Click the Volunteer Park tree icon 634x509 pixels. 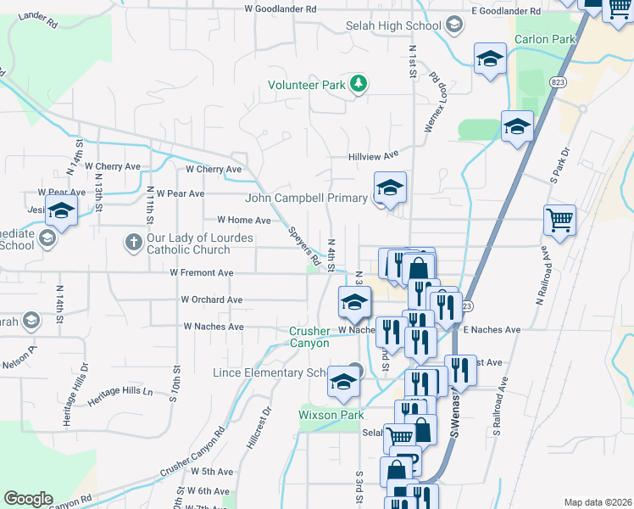coord(359,83)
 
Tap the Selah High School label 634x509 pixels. coord(393,26)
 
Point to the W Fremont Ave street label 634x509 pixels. coord(202,273)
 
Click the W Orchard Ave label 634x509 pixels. coord(212,299)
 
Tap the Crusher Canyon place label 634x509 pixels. coord(309,337)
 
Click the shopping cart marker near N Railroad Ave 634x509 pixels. coord(559,221)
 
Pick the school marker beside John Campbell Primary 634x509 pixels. coord(390,188)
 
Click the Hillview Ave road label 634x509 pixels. coord(373,157)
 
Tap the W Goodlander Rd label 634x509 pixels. coord(280,8)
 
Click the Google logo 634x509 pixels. coord(28,499)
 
